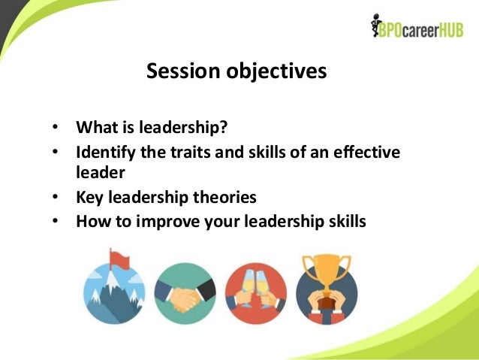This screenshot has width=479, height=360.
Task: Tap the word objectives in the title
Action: coord(274,71)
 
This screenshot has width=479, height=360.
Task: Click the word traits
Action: coord(188,153)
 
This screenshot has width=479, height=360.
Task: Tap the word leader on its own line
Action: coord(100,172)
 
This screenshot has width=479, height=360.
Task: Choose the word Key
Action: coord(89,198)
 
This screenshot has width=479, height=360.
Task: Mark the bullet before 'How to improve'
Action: coord(56,222)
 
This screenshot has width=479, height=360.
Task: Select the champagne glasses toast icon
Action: coord(255,292)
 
